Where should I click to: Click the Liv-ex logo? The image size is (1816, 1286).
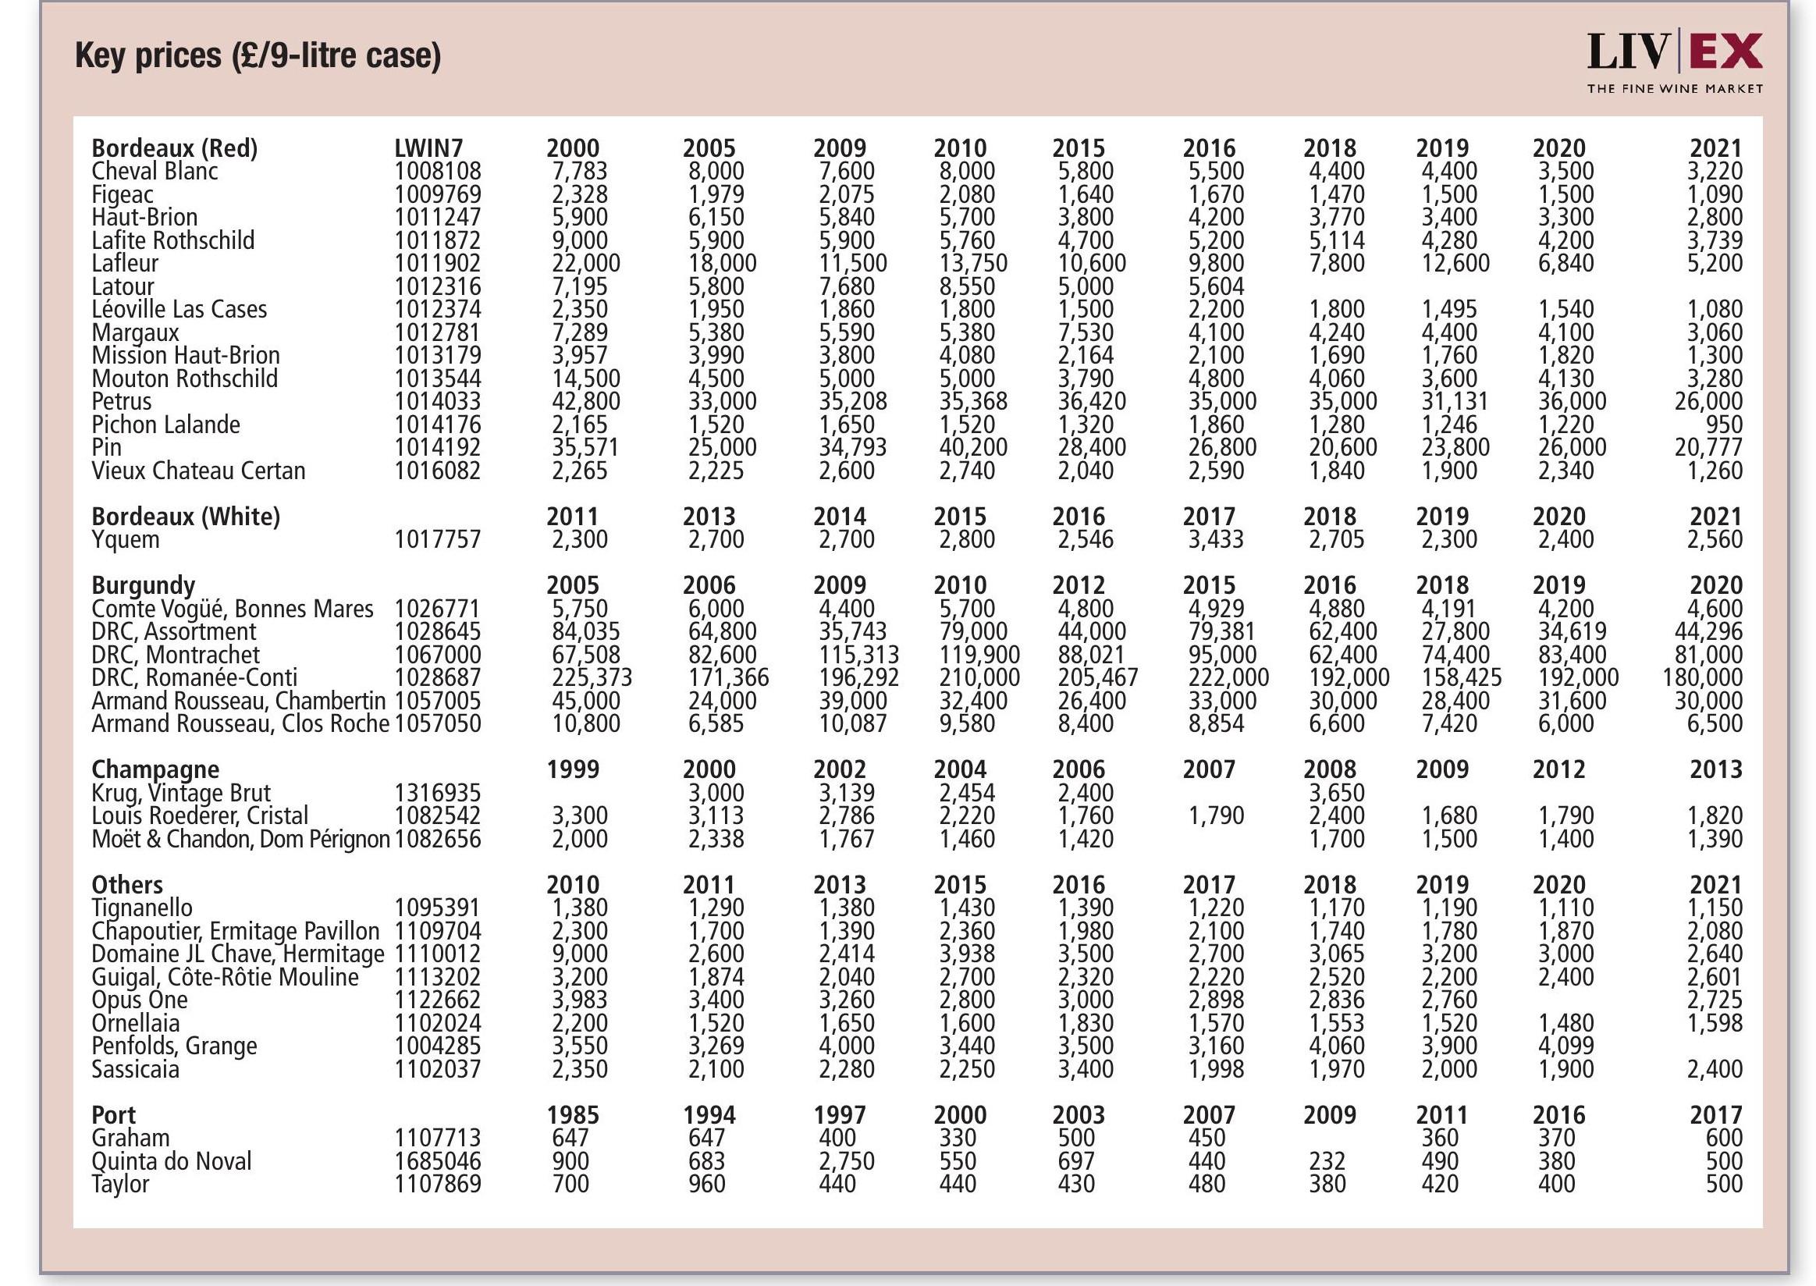coord(1674,62)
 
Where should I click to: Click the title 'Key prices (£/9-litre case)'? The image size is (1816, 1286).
coord(258,55)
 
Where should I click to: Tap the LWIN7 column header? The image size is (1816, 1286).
coord(428,148)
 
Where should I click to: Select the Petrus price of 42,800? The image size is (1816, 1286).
coord(585,400)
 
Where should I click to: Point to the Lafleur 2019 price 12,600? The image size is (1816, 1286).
coord(1455,263)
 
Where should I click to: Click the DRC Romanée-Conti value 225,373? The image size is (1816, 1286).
coord(592,678)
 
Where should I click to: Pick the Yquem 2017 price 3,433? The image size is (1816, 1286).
coord(1216,539)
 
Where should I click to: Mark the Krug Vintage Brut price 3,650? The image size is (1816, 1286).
coord(1336,793)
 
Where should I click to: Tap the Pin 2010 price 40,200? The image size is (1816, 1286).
coord(973,447)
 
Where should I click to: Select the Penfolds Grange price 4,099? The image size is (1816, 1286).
coord(1565,1046)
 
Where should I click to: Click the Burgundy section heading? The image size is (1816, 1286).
coord(144,585)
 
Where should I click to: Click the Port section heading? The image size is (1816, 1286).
coord(114,1115)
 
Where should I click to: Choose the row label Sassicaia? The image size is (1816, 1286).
coord(136,1069)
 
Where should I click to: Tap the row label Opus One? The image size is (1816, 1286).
coord(140,1000)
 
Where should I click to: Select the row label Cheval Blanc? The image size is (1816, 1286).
coord(155,171)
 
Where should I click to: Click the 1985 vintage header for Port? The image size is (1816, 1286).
coord(573,1115)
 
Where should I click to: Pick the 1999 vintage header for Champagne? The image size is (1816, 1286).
coord(573,769)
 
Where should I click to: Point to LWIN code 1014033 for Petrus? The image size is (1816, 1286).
coord(437,400)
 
